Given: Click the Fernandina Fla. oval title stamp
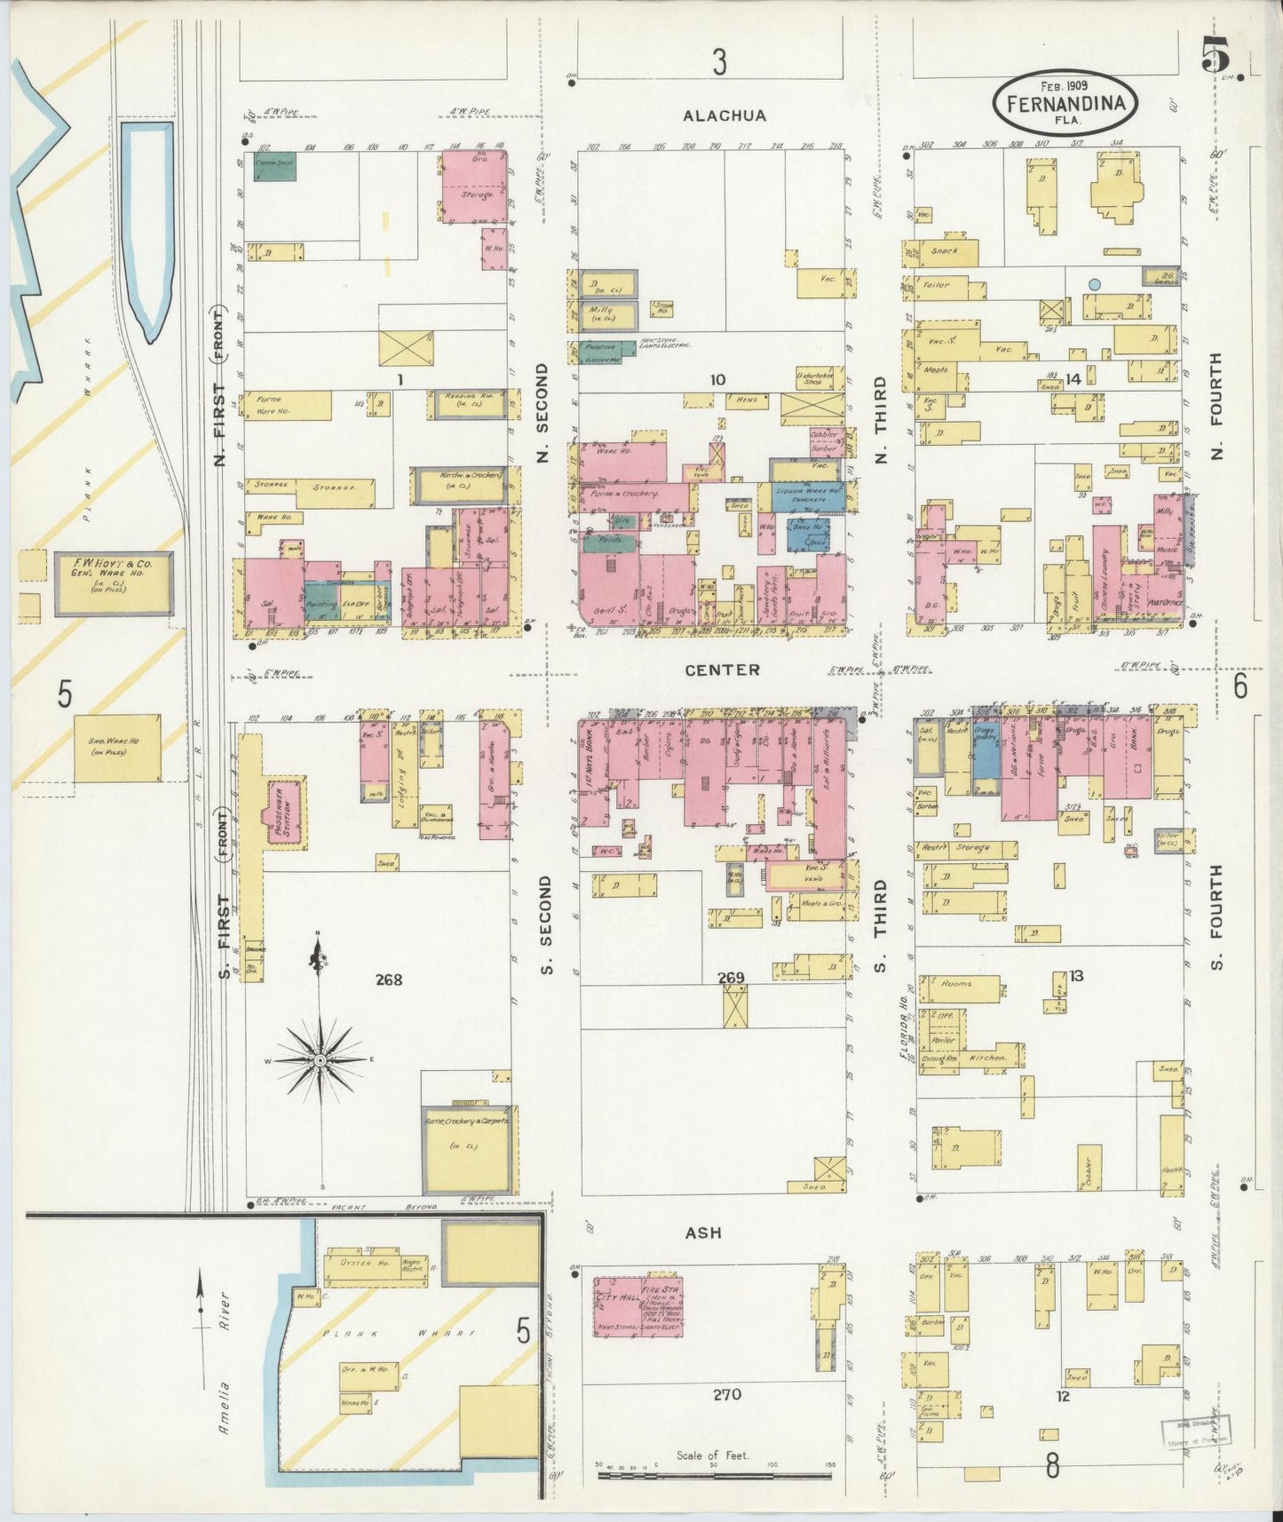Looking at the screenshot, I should click(1065, 102).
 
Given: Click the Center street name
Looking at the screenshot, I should click(722, 670).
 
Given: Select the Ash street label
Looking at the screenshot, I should click(703, 1233).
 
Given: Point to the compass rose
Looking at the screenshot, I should click(320, 1060).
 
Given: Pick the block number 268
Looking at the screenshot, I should click(389, 979).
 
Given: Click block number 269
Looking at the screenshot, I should click(731, 978).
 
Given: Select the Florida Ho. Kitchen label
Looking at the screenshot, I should click(986, 1058).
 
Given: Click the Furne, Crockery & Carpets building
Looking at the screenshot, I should click(468, 1147).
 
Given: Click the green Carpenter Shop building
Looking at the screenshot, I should click(274, 166).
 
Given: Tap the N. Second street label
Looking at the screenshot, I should click(543, 412).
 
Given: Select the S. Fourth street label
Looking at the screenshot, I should click(1216, 917).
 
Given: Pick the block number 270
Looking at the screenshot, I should click(726, 1394).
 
